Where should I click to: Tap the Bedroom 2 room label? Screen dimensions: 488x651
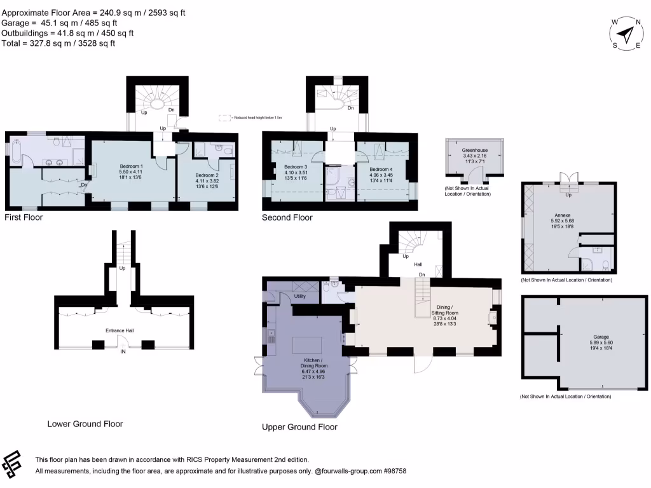coord(207,175)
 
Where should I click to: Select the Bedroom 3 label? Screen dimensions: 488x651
coord(296,167)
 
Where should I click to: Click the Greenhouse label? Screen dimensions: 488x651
coord(475,151)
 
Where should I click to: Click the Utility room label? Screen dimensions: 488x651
coord(301,297)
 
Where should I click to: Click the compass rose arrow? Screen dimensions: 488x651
coord(627,33)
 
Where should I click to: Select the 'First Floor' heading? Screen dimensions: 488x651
coord(23,217)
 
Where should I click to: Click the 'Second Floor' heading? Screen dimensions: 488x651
coord(287,217)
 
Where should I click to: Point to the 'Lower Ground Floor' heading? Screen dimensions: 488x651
coord(85,424)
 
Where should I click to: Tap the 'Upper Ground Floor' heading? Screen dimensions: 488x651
coord(299,427)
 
